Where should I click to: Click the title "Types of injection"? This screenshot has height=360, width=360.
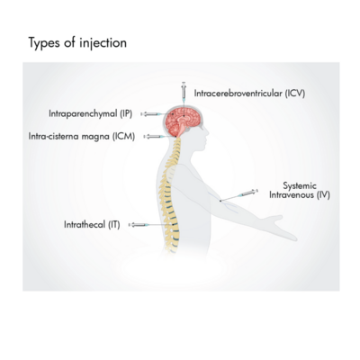(x=77, y=43)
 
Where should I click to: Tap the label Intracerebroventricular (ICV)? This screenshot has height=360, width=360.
(x=249, y=94)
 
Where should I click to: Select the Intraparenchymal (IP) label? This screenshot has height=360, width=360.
(x=91, y=113)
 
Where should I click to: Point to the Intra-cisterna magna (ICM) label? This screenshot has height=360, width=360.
(x=82, y=137)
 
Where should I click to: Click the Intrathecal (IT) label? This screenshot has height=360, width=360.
(x=92, y=224)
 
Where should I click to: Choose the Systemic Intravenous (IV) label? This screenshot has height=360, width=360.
(x=300, y=190)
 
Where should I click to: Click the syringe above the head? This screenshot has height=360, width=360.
(x=184, y=91)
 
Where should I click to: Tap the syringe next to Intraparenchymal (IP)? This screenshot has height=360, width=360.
(x=153, y=114)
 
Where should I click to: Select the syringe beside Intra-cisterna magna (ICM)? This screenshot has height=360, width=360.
(x=154, y=137)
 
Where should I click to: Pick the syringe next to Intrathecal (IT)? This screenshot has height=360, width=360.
(x=139, y=225)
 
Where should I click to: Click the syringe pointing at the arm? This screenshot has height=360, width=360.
(x=247, y=193)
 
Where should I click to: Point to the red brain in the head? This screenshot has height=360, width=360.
(x=183, y=121)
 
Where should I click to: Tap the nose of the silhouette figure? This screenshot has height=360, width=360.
(x=207, y=131)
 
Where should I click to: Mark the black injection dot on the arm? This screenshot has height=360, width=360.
(x=220, y=201)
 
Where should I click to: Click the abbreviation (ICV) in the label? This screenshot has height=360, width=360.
(x=295, y=94)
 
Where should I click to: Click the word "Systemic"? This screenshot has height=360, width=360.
(x=300, y=185)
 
